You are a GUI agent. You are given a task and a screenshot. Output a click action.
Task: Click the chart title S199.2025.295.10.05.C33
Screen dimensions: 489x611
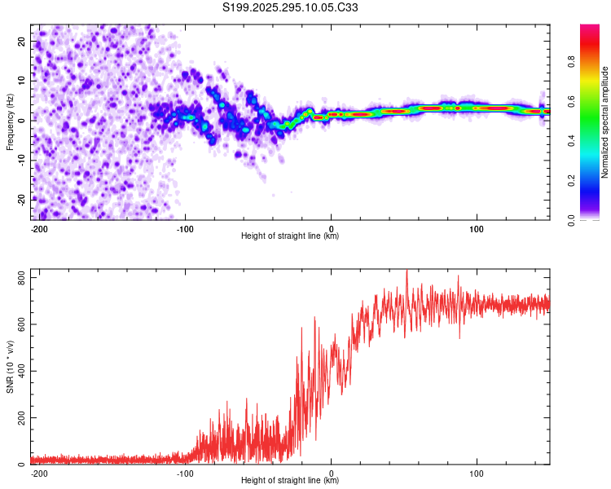291,8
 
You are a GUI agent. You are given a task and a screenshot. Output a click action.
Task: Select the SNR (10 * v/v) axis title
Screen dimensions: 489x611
10,366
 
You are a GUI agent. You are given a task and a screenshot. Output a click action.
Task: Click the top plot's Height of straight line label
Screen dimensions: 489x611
290,236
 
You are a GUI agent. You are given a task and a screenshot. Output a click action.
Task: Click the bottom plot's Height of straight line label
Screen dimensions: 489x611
290,481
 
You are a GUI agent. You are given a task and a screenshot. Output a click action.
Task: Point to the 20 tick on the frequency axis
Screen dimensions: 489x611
22,41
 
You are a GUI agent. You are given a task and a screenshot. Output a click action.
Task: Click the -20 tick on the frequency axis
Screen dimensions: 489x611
20,200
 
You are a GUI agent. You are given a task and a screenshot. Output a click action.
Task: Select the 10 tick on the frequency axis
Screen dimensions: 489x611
22,81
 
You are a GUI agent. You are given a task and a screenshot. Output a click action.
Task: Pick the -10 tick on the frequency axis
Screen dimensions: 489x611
20,160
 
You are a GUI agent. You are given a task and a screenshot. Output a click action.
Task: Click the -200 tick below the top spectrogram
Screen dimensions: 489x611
38,227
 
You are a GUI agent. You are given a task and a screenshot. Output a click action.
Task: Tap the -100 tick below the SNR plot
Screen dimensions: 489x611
185,472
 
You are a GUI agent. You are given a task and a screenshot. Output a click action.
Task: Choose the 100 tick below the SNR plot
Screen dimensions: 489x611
477,472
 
